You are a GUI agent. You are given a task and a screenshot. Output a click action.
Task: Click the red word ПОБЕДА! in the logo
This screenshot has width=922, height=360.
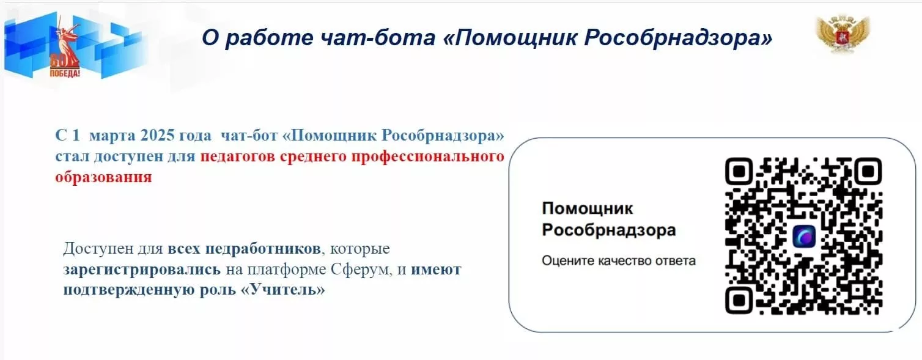tap(65, 73)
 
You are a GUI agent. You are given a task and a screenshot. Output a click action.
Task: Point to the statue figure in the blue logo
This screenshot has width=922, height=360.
tap(67, 41)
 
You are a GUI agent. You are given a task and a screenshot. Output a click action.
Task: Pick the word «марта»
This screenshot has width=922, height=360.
tap(112, 136)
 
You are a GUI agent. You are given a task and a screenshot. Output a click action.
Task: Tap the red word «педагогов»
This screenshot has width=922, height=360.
tap(237, 156)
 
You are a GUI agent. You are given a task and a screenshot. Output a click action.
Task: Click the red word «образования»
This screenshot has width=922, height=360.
tap(104, 177)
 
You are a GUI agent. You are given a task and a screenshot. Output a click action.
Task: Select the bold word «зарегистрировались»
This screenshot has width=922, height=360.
tap(142, 270)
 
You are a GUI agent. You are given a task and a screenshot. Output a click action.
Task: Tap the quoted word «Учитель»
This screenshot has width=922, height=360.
tap(282, 290)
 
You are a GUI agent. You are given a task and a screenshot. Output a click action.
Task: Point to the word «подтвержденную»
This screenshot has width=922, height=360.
tap(129, 290)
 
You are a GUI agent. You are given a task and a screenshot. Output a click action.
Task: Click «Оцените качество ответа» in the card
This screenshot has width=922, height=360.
tap(619, 261)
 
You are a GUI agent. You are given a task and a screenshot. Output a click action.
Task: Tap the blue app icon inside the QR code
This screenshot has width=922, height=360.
tap(804, 237)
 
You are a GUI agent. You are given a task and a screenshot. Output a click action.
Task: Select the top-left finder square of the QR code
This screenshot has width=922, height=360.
tap(739, 171)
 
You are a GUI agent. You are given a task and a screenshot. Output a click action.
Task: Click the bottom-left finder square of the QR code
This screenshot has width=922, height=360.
tap(739, 300)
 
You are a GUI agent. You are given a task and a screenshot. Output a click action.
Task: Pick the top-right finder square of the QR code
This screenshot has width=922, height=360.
tap(868, 171)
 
